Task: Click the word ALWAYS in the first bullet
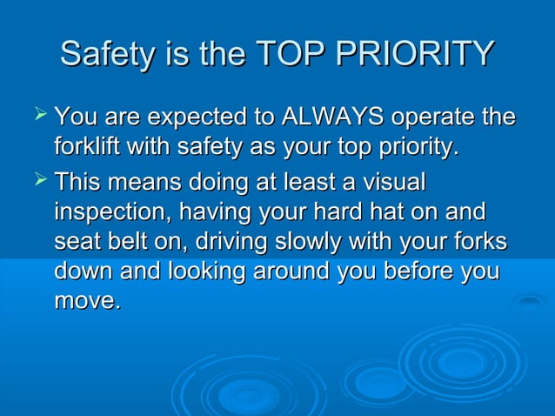(330, 116)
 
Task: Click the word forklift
(86, 145)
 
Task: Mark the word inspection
(107, 213)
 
